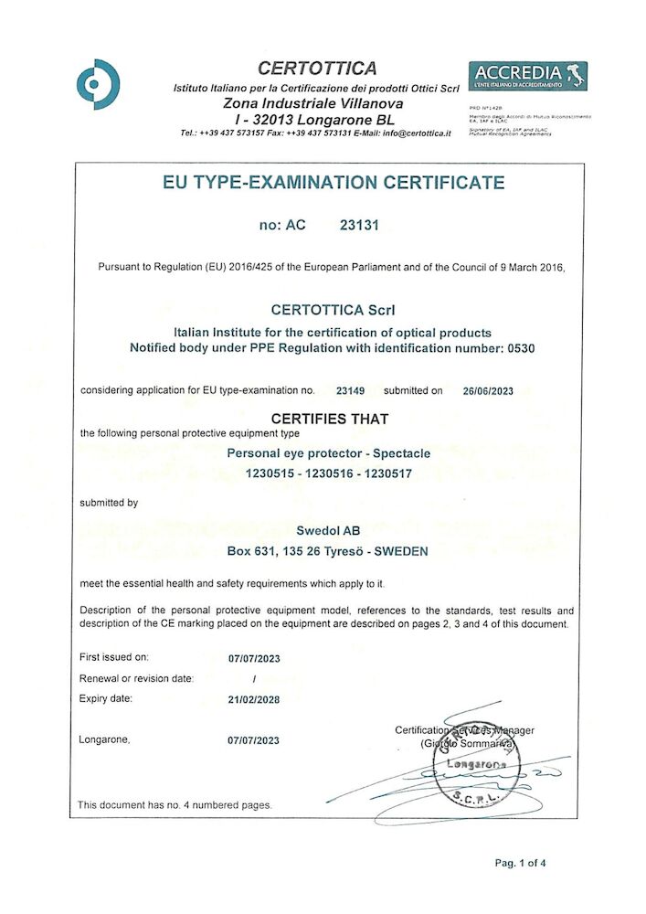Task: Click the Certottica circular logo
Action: pyautogui.click(x=98, y=84)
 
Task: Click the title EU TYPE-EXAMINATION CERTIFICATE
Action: pyautogui.click(x=333, y=182)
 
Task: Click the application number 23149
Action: pyautogui.click(x=350, y=390)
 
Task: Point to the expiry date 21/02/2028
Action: pyautogui.click(x=253, y=699)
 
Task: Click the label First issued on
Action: pyautogui.click(x=114, y=657)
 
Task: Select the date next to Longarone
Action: pyautogui.click(x=253, y=740)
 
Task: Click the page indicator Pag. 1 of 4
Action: pyautogui.click(x=521, y=863)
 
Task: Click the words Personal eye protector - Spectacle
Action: pyautogui.click(x=328, y=452)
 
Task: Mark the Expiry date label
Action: pyautogui.click(x=107, y=699)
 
